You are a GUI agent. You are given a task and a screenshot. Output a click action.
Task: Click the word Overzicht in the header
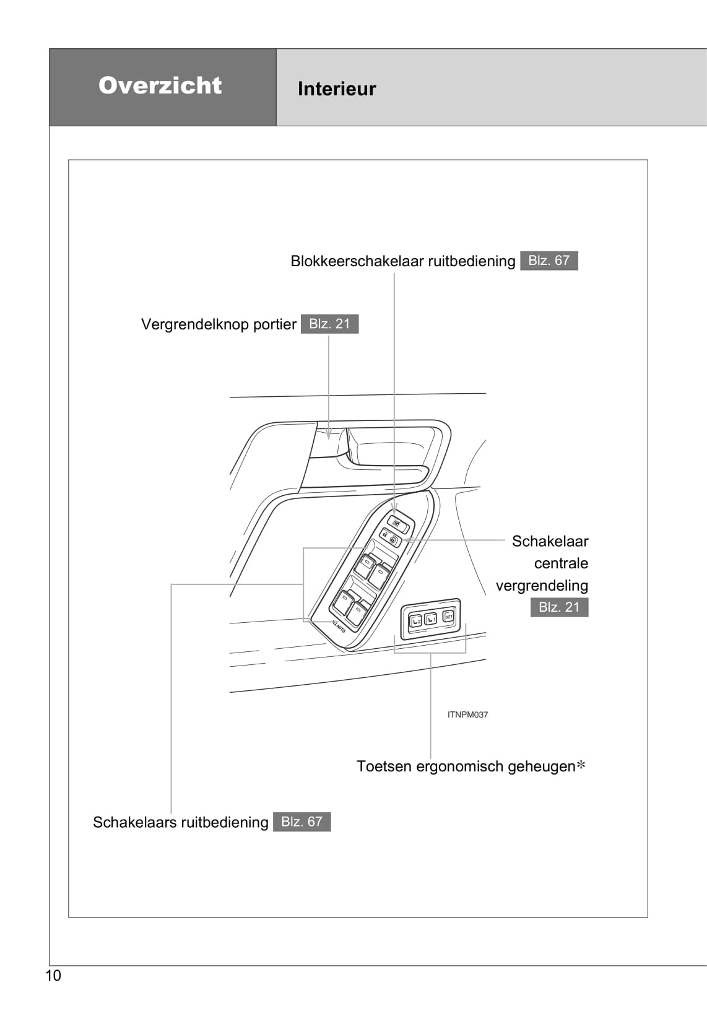click(x=160, y=85)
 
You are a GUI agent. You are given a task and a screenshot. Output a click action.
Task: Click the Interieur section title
click(x=336, y=89)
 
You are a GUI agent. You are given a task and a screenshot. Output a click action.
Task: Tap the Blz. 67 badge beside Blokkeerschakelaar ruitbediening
click(x=549, y=261)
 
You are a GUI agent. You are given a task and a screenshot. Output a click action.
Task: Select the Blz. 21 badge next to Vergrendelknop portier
click(x=329, y=324)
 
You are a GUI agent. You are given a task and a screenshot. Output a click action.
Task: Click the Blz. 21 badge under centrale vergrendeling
click(x=558, y=607)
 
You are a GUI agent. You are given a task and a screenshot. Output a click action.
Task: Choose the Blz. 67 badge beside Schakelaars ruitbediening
click(x=301, y=822)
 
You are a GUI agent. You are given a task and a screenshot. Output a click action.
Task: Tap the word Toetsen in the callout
click(x=384, y=766)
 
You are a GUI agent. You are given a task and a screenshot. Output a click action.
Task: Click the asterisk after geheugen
click(x=581, y=766)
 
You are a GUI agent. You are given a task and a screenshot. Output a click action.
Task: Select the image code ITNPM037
click(x=467, y=714)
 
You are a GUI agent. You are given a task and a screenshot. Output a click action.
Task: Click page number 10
click(x=53, y=976)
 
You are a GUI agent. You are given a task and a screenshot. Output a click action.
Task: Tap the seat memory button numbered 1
click(x=431, y=618)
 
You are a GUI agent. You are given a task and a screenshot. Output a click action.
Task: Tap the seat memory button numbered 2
click(x=415, y=620)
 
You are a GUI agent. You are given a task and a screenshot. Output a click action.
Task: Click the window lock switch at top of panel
click(x=397, y=524)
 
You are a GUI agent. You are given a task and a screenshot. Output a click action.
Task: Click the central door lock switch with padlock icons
click(x=389, y=537)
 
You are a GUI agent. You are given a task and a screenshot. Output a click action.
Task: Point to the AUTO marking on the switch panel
click(x=339, y=626)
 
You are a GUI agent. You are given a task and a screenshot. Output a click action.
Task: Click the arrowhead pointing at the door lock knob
click(x=329, y=435)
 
